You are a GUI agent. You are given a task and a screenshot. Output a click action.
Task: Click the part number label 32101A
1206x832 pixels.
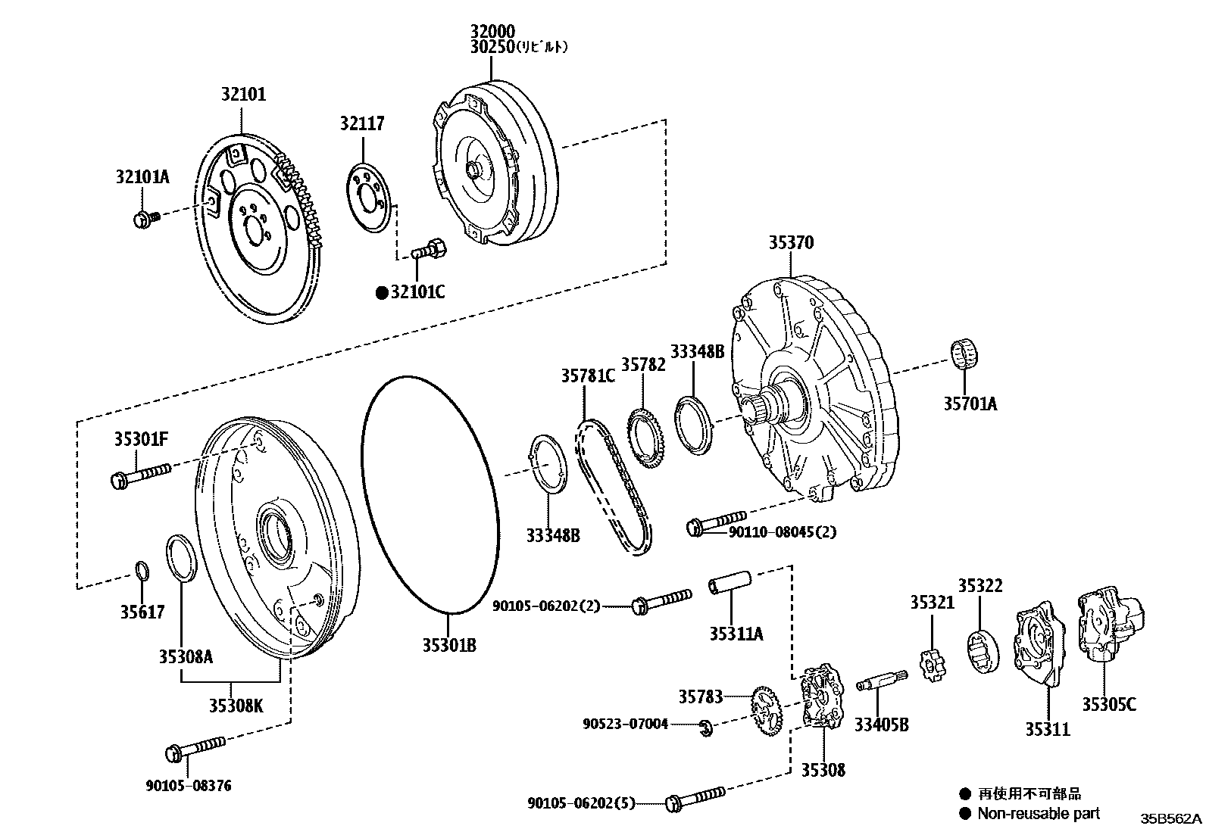[142, 177]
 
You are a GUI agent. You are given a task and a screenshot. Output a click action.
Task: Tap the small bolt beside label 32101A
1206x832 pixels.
[145, 220]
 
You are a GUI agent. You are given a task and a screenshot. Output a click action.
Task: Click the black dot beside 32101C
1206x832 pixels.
[382, 292]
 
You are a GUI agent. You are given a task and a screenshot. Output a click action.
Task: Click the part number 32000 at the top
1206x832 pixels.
[492, 32]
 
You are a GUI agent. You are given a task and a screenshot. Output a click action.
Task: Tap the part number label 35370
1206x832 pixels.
[791, 243]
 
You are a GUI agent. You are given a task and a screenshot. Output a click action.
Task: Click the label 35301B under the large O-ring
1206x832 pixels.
[449, 645]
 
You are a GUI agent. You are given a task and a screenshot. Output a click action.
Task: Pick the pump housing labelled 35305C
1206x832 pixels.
[1108, 628]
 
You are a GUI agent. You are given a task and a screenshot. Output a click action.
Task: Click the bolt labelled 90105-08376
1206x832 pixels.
[195, 749]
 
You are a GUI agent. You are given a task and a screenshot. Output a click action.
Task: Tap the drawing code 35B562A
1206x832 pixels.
[1172, 818]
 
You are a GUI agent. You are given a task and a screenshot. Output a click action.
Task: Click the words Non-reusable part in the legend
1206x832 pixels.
[1038, 813]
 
